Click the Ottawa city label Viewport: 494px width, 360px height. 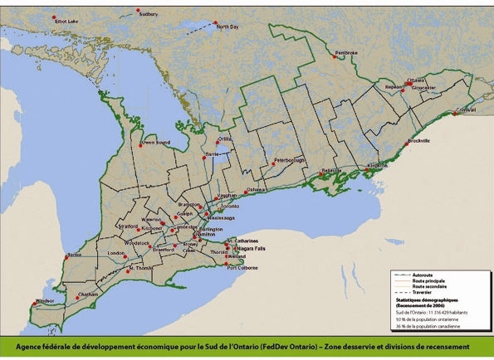[x=416, y=80]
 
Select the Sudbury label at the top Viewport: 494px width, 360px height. [x=148, y=14]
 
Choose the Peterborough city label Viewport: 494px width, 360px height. [x=290, y=159]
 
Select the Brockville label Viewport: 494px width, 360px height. [x=419, y=141]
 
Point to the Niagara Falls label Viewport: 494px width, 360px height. [x=250, y=248]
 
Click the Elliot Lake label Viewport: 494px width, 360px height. [x=67, y=21]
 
